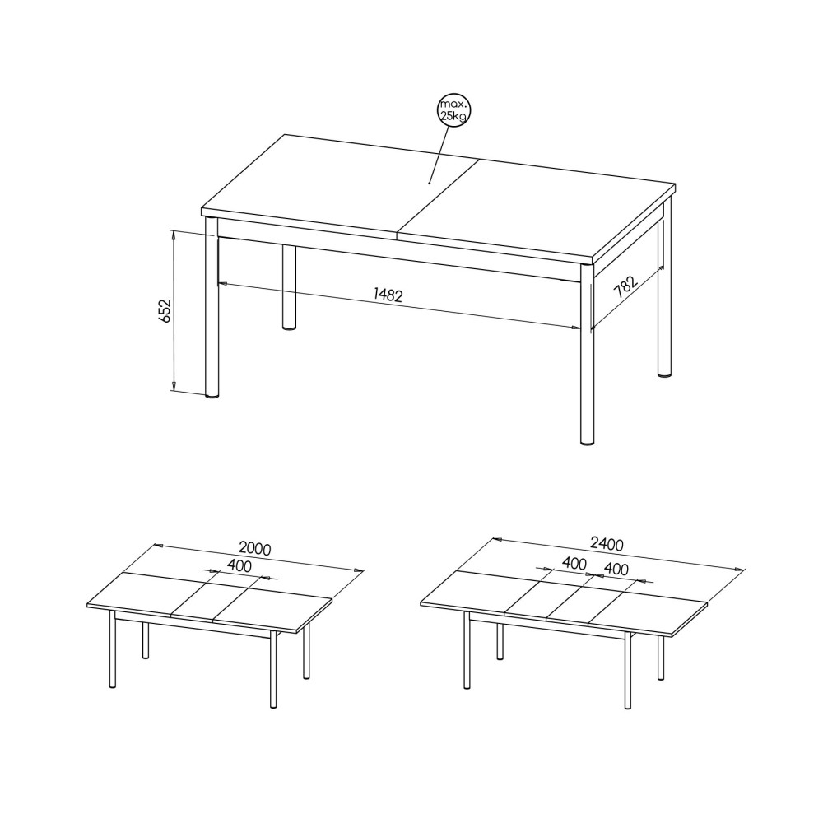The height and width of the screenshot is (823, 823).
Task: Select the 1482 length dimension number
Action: tap(388, 295)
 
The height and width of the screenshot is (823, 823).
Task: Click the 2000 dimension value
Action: tap(254, 548)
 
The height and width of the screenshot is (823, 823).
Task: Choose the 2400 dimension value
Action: tap(607, 544)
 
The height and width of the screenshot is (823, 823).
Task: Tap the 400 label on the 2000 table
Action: tap(239, 565)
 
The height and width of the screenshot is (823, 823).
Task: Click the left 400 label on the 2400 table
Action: tap(574, 563)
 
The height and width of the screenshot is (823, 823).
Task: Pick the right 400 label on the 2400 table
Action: tap(616, 569)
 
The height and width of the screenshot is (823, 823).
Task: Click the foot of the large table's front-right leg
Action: tap(588, 443)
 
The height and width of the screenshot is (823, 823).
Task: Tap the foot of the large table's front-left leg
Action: tap(212, 397)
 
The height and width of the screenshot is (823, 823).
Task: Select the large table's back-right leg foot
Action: tap(664, 374)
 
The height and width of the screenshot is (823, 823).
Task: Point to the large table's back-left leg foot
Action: tap(289, 328)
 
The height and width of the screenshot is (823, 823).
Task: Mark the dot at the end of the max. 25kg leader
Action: tap(430, 184)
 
